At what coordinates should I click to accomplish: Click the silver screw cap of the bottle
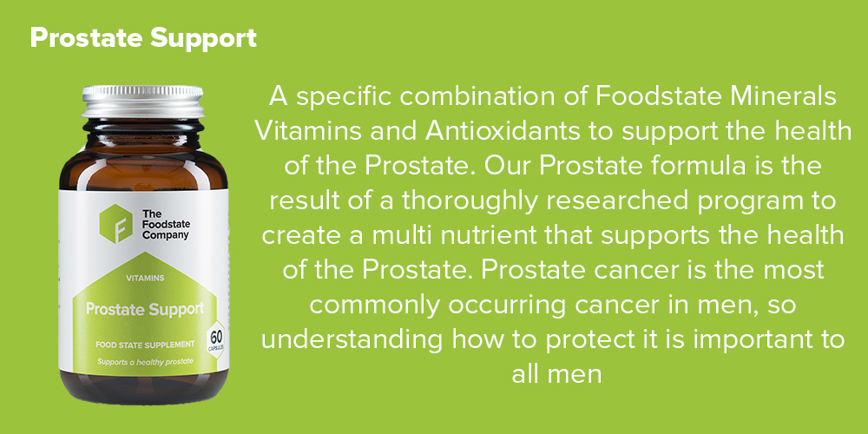click(x=142, y=101)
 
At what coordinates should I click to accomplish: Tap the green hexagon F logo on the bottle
click(x=115, y=224)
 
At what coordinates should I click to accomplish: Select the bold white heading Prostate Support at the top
click(x=143, y=38)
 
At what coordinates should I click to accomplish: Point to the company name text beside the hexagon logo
click(x=164, y=224)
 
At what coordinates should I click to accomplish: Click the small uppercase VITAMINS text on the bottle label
click(x=145, y=278)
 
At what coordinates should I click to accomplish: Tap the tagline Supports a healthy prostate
click(x=145, y=362)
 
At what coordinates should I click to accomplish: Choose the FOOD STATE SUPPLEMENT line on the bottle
click(x=145, y=345)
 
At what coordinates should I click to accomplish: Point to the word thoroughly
click(x=470, y=202)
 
